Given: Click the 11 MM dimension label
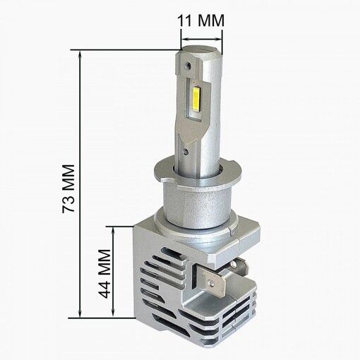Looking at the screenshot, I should tap(200, 21).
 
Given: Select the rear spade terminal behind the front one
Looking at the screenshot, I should tap(241, 269).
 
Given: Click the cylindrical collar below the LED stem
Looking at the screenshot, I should tap(194, 205).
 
